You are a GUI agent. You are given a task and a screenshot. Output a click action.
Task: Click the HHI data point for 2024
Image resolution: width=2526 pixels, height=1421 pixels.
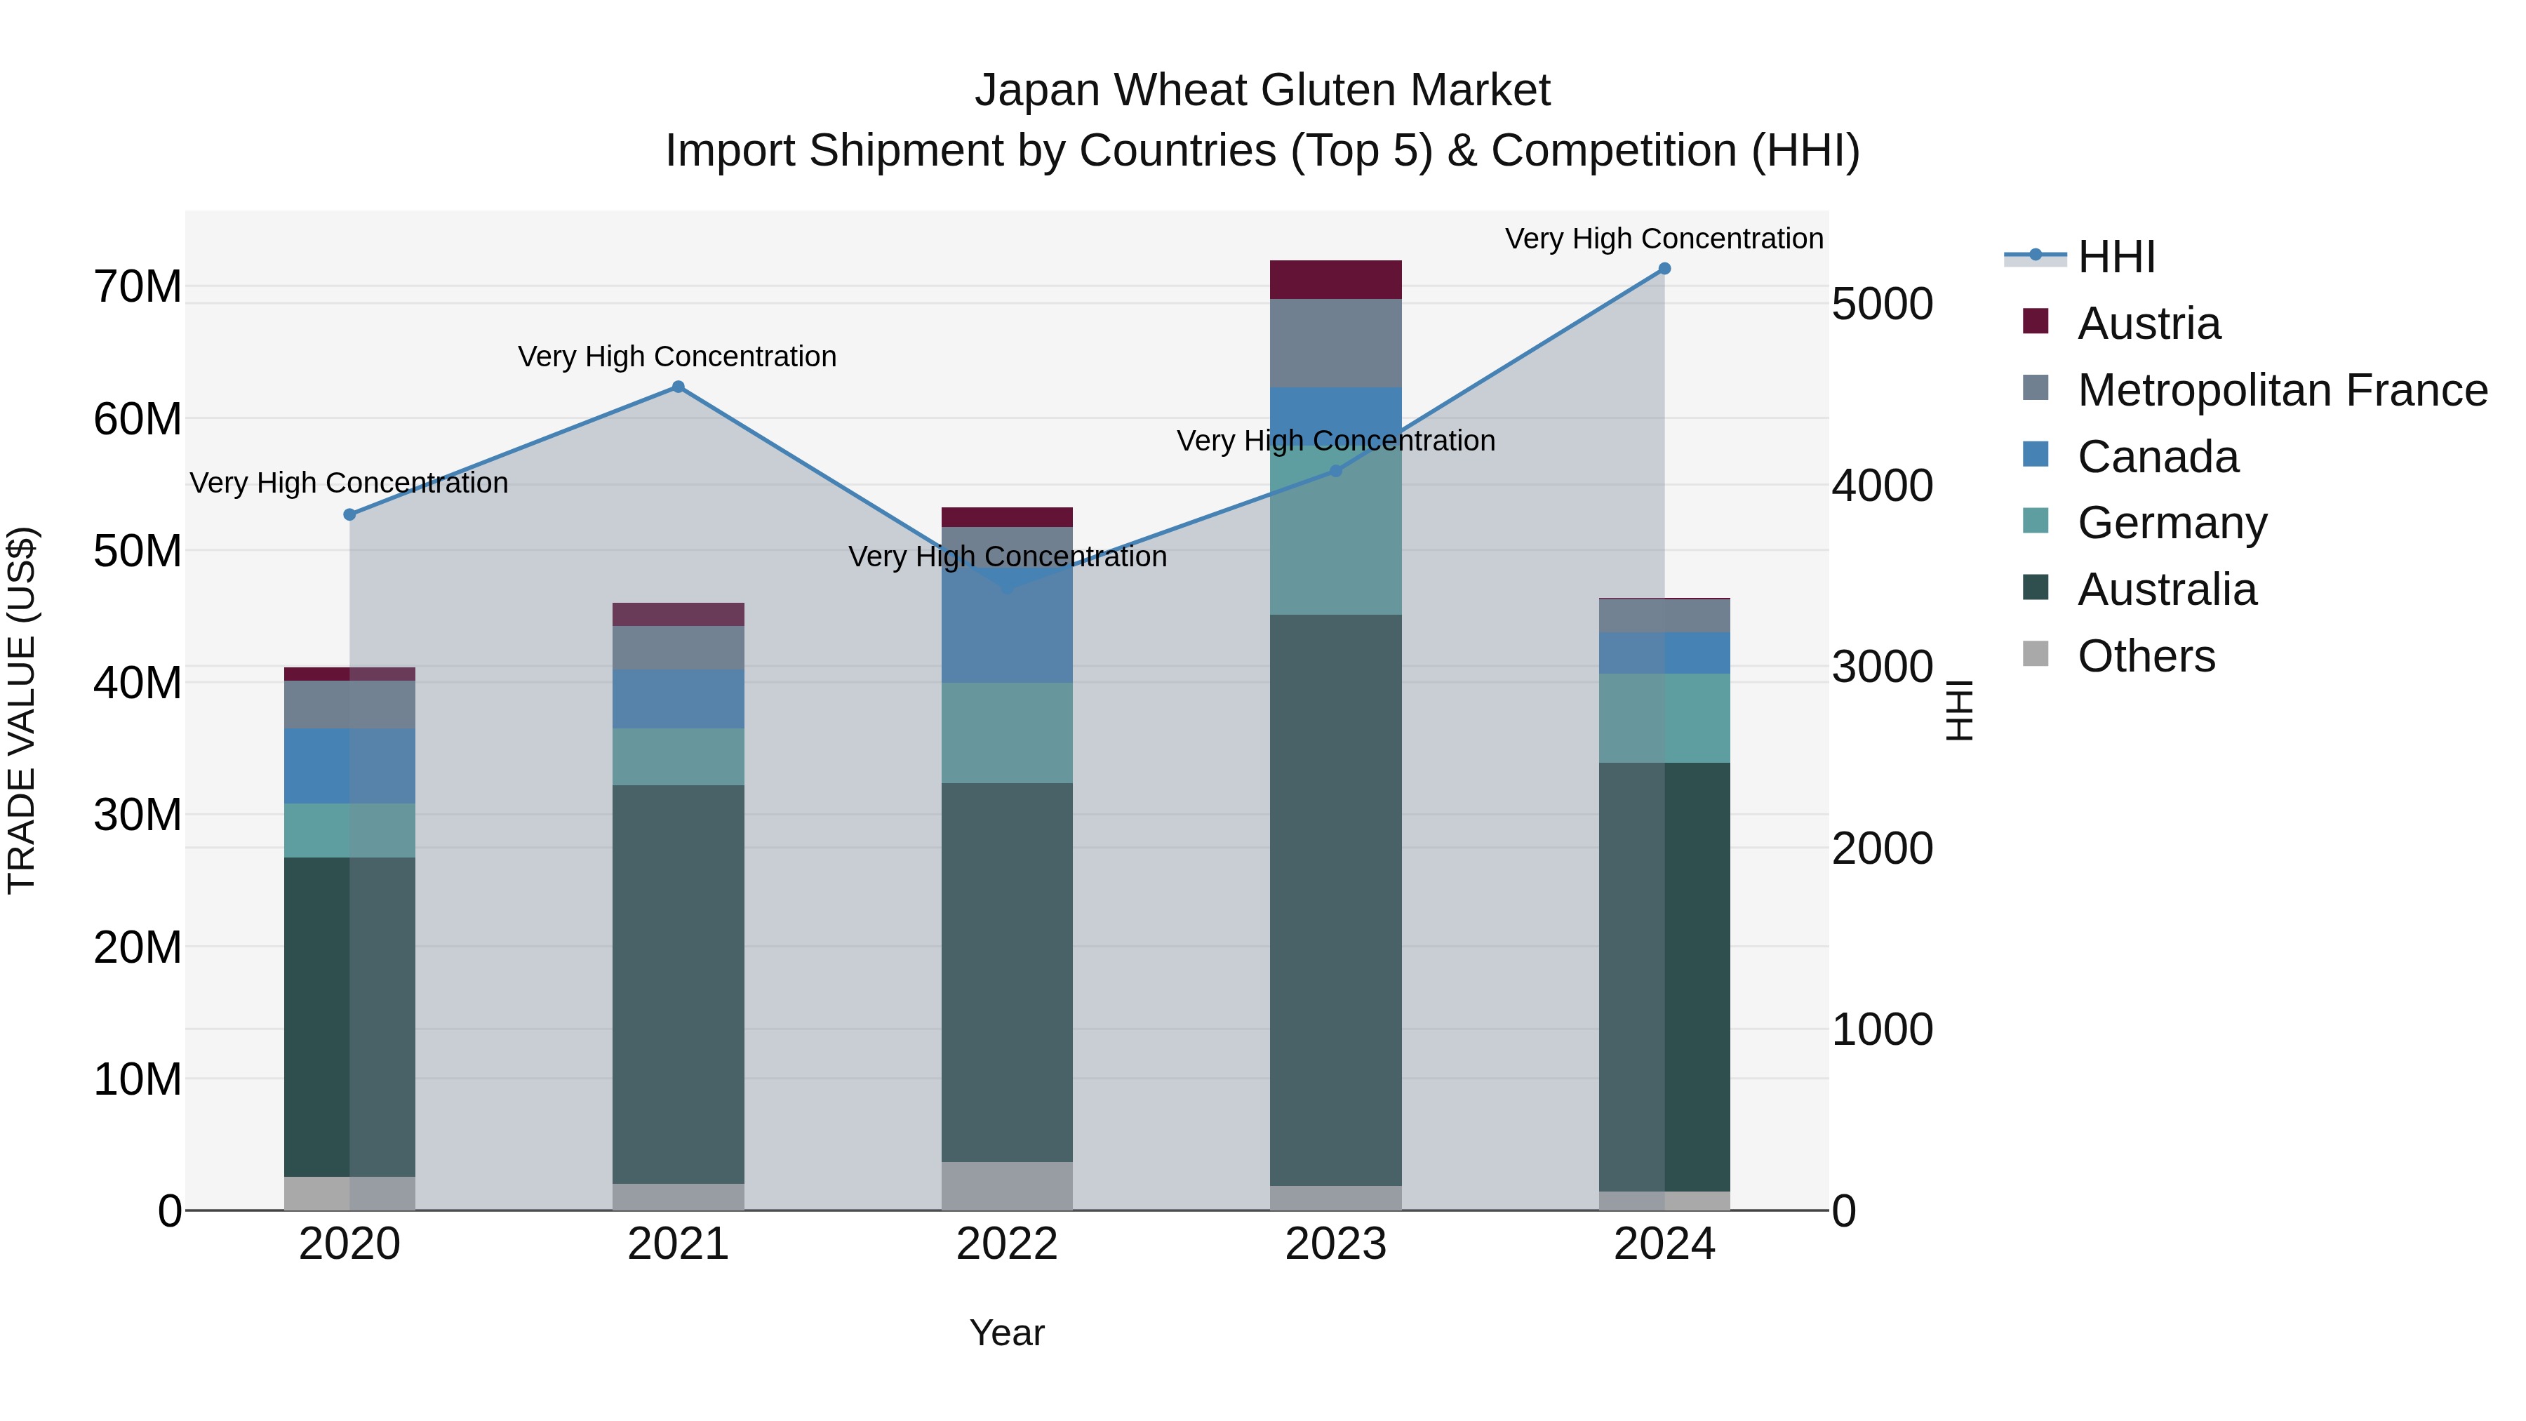(1664, 269)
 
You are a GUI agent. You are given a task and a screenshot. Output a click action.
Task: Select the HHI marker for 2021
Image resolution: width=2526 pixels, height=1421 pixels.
(678, 387)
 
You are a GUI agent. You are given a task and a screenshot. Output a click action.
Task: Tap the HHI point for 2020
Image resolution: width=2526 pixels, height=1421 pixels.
(350, 515)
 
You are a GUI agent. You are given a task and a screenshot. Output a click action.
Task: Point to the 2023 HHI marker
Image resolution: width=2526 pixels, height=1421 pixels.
(1335, 471)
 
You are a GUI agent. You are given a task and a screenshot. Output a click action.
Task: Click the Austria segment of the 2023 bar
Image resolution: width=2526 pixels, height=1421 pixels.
(1335, 279)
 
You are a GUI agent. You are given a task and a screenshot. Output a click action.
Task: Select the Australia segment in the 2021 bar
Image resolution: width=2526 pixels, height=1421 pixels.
(678, 984)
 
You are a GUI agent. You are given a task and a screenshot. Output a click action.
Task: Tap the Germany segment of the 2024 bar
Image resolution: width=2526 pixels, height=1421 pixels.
(1664, 718)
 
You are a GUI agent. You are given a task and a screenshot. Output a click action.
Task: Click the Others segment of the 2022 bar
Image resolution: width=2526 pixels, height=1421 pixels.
(1007, 1186)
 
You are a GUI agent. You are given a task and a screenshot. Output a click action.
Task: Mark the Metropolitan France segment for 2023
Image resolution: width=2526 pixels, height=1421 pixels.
(1335, 343)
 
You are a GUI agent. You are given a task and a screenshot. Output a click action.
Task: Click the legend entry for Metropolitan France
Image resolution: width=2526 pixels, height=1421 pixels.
(2282, 390)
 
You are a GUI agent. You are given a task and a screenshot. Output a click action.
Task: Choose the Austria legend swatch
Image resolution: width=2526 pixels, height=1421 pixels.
(2036, 321)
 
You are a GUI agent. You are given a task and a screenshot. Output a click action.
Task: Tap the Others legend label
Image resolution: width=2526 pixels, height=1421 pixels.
(2146, 656)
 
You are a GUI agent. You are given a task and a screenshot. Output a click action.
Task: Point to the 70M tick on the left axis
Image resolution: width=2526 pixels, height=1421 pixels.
(138, 287)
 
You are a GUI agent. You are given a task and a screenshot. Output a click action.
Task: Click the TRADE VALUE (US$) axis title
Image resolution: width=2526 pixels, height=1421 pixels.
(22, 710)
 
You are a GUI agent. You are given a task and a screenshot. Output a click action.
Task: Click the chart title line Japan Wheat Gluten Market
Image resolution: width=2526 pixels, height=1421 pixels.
(1262, 91)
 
